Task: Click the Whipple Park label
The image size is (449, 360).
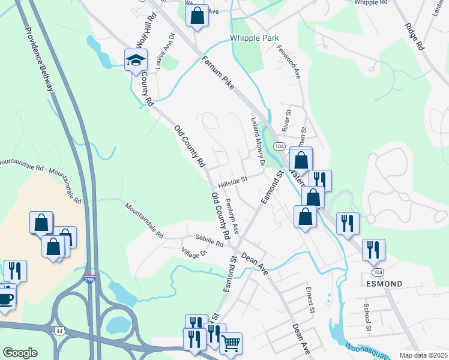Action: coord(255,38)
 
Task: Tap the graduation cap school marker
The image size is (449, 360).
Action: coord(136,59)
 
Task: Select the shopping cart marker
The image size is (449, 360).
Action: coord(231,344)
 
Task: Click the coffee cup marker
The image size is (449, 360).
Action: coord(5,298)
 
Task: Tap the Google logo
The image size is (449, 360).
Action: coord(20,352)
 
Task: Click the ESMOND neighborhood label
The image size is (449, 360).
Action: coord(382,283)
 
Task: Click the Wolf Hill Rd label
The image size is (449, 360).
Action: coord(142,41)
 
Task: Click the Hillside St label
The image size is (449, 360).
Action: coord(233,181)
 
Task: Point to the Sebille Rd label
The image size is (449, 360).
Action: coord(209,241)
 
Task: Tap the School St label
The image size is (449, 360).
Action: coord(367,317)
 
